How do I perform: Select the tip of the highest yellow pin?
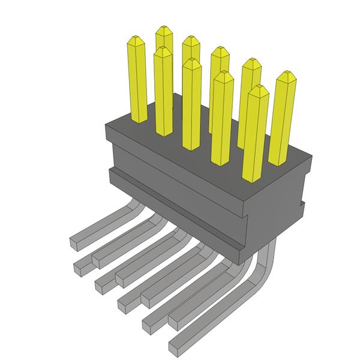[163, 29]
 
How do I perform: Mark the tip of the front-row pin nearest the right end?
[256, 89]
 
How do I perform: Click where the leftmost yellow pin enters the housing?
[137, 121]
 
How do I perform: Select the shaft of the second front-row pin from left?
[163, 96]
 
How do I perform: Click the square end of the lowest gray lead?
[176, 347]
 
